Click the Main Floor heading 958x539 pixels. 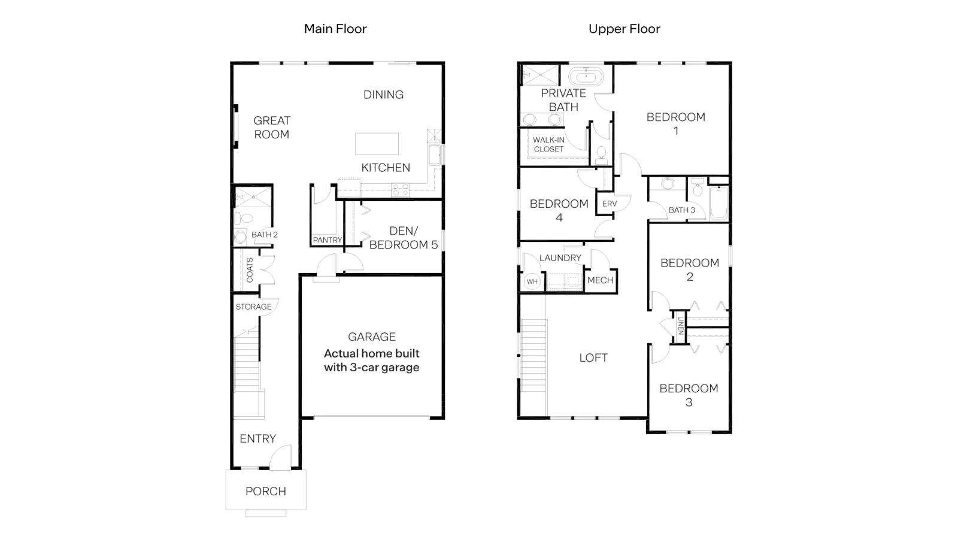click(x=335, y=29)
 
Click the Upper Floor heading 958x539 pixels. click(x=624, y=29)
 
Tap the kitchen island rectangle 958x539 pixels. click(x=377, y=143)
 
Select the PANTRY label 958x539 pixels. click(x=327, y=240)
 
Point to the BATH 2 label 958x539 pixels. click(x=264, y=234)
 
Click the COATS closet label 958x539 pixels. click(x=250, y=270)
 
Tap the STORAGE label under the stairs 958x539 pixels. click(x=254, y=307)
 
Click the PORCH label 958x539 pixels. click(x=266, y=491)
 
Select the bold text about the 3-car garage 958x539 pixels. click(x=372, y=360)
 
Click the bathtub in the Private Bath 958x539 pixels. click(x=586, y=77)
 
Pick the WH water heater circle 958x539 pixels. click(x=532, y=281)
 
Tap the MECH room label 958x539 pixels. click(x=601, y=280)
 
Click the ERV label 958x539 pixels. click(x=610, y=204)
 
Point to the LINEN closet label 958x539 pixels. click(x=681, y=326)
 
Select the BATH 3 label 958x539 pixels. click(x=682, y=210)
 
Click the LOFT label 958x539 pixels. click(x=593, y=358)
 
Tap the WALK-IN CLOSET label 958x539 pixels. click(x=548, y=144)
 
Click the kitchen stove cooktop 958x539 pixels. click(x=401, y=190)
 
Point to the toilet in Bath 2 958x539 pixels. click(x=244, y=218)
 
